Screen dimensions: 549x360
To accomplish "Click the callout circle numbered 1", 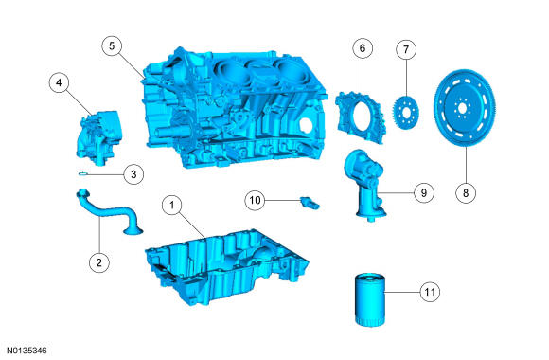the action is tap(172, 205).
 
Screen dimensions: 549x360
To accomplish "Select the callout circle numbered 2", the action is tap(99, 262).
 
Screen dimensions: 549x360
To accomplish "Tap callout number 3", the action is tap(133, 174).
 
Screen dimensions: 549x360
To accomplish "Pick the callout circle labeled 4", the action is tap(59, 82).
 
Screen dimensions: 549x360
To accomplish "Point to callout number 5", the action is tap(112, 45).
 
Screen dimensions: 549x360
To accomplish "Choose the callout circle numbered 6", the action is tap(363, 48).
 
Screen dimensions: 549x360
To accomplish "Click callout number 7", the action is tap(406, 49).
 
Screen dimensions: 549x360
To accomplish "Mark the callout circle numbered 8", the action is tap(466, 193).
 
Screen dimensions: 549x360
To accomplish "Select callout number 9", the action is tap(424, 193).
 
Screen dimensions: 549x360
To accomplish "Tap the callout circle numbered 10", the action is tap(255, 200).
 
